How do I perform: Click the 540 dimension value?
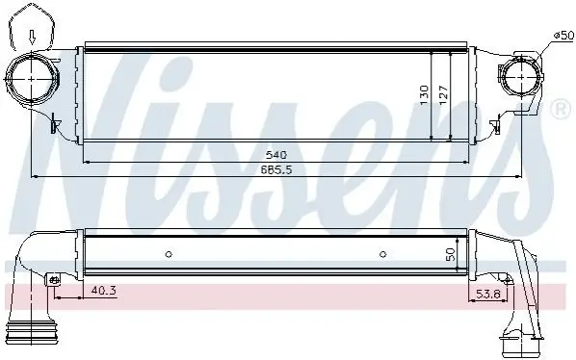[275, 155]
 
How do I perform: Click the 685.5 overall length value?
[276, 170]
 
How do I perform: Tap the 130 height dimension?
[424, 95]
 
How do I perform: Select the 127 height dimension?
[443, 95]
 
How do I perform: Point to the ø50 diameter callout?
[563, 36]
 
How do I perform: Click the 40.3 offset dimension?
[103, 291]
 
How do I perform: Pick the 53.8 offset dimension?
[488, 294]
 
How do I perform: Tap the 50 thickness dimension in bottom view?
[451, 254]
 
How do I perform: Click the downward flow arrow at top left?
[33, 38]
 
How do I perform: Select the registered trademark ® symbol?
[561, 109]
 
